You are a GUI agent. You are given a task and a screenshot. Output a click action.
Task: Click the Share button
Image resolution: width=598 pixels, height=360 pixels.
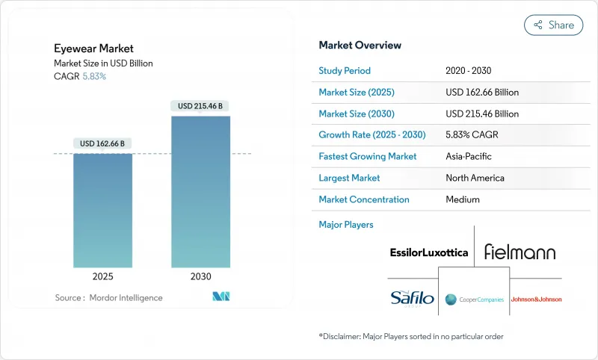(x=553, y=25)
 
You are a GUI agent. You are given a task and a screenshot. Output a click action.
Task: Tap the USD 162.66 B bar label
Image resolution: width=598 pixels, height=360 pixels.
(x=102, y=143)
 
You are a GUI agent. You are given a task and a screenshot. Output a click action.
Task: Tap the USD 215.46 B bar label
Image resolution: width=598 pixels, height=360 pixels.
(x=200, y=106)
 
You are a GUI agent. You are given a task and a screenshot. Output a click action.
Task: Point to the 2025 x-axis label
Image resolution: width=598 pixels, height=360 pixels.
(x=102, y=276)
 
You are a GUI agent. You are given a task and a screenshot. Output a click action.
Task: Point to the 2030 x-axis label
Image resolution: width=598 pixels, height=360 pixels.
(x=200, y=276)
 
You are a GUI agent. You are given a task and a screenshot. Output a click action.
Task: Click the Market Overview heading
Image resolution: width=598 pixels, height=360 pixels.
(x=360, y=46)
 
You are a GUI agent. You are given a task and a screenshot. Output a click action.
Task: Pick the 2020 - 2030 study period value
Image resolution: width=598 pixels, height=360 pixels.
(x=471, y=71)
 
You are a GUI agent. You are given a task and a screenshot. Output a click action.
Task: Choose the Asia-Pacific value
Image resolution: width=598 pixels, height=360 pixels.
(x=469, y=157)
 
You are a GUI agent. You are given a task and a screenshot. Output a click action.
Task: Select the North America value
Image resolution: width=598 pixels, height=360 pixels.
(x=475, y=178)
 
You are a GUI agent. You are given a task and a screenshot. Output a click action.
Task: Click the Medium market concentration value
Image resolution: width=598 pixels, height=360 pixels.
(x=463, y=199)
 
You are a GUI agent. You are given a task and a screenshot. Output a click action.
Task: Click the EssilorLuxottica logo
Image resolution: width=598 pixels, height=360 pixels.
(x=428, y=252)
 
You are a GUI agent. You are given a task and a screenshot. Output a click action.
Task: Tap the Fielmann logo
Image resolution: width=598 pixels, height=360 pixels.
(x=520, y=252)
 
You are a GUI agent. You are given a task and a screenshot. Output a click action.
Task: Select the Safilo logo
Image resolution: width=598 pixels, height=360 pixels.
(x=411, y=299)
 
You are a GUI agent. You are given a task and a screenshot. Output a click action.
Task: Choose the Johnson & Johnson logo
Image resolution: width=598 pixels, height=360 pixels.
(x=535, y=300)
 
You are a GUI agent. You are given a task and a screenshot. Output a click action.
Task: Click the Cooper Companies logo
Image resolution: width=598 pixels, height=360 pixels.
(x=473, y=300)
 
